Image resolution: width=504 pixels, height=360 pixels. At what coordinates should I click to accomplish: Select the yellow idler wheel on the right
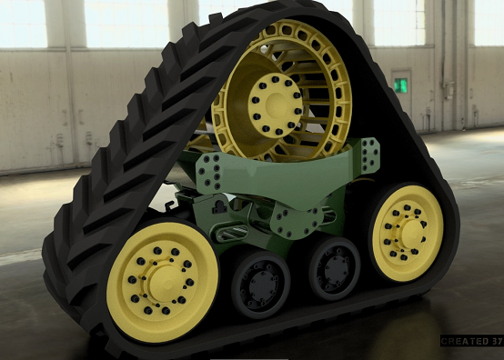pyautogui.click(x=407, y=233)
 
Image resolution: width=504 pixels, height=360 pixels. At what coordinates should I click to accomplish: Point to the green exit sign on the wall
pyautogui.click(x=400, y=85)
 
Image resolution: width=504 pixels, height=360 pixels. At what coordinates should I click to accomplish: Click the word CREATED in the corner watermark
pyautogui.click(x=460, y=342)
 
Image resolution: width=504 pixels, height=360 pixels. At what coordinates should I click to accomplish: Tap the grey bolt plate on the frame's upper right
pyautogui.click(x=368, y=156)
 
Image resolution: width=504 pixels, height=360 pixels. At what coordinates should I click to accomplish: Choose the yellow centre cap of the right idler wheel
pyautogui.click(x=407, y=233)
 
